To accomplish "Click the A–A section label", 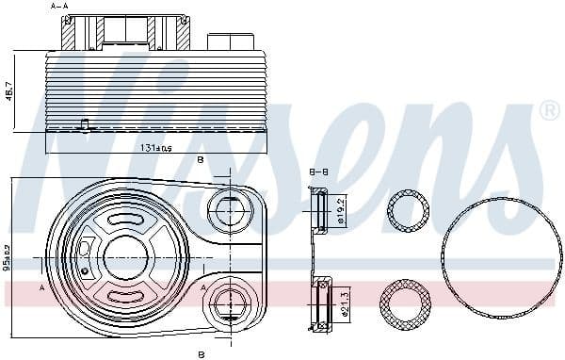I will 59,7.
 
